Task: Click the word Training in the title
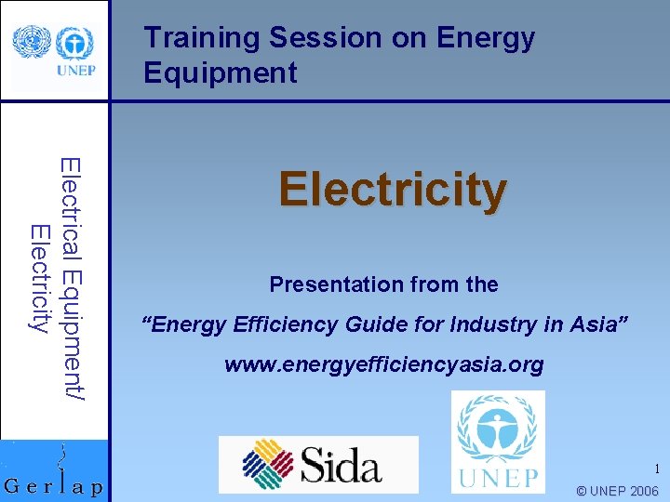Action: [202, 38]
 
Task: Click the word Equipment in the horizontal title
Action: [221, 73]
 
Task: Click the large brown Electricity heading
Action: [393, 190]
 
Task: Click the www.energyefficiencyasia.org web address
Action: [383, 364]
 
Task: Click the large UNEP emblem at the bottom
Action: [497, 427]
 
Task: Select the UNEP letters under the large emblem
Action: [497, 479]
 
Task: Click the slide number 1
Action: [656, 469]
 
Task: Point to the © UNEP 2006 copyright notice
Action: [617, 491]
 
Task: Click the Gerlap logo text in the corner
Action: [54, 487]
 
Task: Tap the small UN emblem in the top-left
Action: [29, 43]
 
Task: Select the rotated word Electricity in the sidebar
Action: [39, 279]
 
